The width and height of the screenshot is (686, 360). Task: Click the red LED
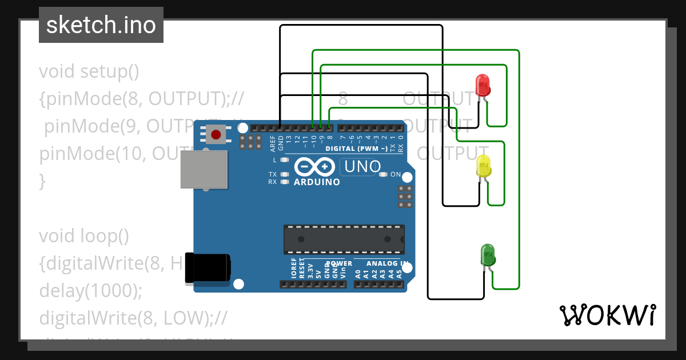click(483, 85)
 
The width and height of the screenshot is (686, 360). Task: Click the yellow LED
click(484, 166)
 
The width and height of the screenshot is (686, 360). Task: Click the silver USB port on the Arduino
click(204, 170)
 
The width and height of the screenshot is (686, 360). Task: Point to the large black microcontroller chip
click(344, 239)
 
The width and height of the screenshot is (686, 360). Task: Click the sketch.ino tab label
click(101, 25)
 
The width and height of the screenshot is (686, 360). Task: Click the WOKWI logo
click(607, 315)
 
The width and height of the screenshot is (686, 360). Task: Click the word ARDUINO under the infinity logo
click(317, 182)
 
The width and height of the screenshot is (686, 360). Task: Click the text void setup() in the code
click(89, 71)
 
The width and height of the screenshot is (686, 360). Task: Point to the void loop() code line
click(84, 235)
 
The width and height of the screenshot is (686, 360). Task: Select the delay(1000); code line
click(90, 291)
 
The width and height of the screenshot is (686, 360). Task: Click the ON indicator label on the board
click(395, 175)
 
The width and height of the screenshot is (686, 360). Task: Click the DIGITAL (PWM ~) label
click(357, 149)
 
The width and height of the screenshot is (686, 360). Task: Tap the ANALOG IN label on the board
click(388, 264)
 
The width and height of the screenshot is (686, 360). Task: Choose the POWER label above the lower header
click(338, 264)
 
